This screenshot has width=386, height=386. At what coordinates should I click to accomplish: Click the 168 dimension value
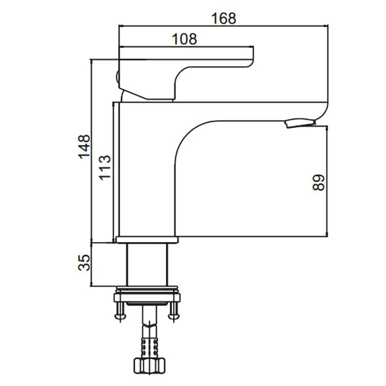tap(223, 18)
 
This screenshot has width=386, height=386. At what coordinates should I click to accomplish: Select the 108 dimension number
tap(184, 39)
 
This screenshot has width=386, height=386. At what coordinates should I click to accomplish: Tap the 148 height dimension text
tap(84, 147)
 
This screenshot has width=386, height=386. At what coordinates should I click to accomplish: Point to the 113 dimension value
tap(105, 168)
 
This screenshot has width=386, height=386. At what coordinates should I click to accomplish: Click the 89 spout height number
tap(319, 183)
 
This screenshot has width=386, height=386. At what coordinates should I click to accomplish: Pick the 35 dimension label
tap(84, 262)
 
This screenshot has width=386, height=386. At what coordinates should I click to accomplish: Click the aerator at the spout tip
tap(301, 123)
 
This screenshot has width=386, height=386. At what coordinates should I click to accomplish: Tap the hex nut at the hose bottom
tap(149, 367)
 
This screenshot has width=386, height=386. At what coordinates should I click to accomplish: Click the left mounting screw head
tap(120, 317)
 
